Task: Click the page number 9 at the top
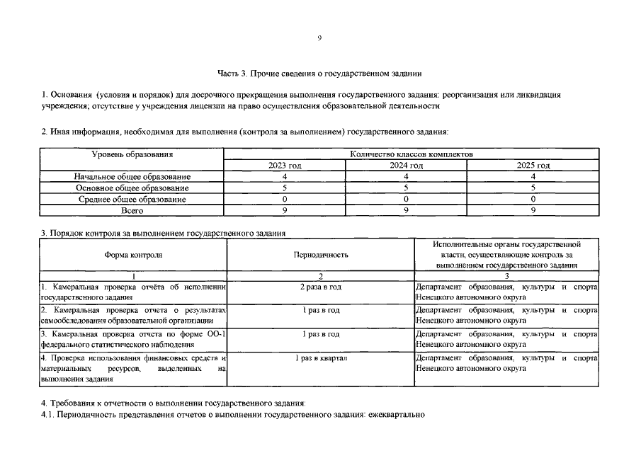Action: pyautogui.click(x=319, y=38)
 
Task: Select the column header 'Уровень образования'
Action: pyautogui.click(x=132, y=154)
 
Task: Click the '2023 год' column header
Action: pyautogui.click(x=285, y=165)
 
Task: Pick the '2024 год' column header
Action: pyautogui.click(x=406, y=165)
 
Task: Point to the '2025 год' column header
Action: pyautogui.click(x=533, y=165)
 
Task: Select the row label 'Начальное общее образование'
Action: pyautogui.click(x=132, y=176)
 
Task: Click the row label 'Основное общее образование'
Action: pyautogui.click(x=132, y=188)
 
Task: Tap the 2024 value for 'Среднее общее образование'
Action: pyautogui.click(x=406, y=199)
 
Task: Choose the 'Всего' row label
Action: pyautogui.click(x=132, y=210)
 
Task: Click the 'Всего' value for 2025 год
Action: pyautogui.click(x=533, y=210)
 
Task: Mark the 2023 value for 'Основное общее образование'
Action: pyautogui.click(x=285, y=188)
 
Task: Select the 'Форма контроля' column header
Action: pyautogui.click(x=133, y=254)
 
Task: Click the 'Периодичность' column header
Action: pyautogui.click(x=320, y=254)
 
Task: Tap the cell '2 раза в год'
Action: pyautogui.click(x=320, y=287)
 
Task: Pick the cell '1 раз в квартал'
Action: pyautogui.click(x=320, y=358)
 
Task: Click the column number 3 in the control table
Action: pyautogui.click(x=506, y=275)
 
